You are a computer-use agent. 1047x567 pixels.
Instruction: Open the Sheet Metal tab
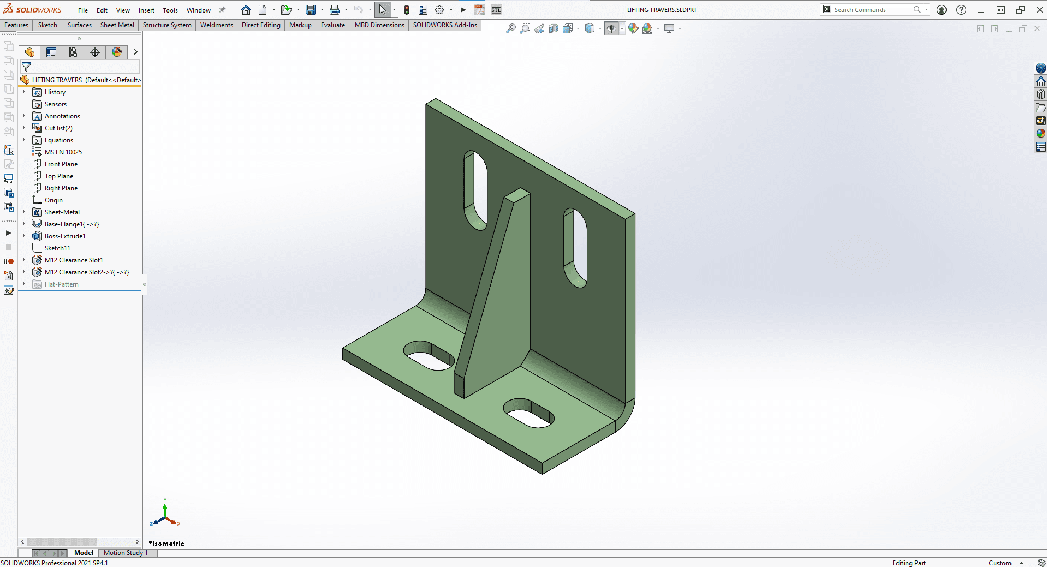[x=117, y=25]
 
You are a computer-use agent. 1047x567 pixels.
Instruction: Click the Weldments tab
[x=216, y=25]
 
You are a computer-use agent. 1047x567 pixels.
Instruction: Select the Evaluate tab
[x=332, y=25]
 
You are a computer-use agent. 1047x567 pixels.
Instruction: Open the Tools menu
[x=170, y=10]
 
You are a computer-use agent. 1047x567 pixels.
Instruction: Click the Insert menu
[x=146, y=10]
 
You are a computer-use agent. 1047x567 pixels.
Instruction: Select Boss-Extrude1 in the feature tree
[x=65, y=236]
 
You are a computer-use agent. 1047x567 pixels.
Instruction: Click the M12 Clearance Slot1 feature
[x=74, y=260]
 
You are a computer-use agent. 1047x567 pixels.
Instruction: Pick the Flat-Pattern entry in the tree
[x=61, y=284]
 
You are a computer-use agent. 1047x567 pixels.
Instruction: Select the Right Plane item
[x=61, y=188]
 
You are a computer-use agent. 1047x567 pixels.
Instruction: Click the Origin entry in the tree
[x=53, y=200]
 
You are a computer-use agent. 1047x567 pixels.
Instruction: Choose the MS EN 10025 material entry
[x=63, y=152]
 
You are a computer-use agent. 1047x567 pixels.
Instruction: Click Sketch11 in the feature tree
[x=57, y=248]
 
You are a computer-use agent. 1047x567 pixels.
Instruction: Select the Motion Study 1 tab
[x=126, y=553]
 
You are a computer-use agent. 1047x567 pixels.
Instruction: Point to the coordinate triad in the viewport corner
[x=165, y=515]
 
